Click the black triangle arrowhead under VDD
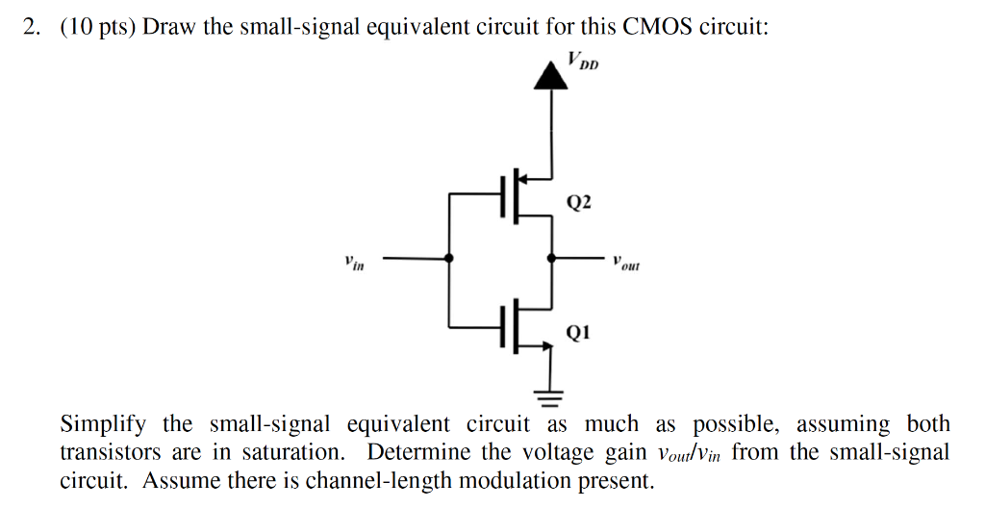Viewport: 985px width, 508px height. point(550,75)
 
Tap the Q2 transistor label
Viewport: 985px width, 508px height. point(580,202)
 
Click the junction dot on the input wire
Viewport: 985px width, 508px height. point(449,259)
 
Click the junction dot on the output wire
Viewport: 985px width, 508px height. point(550,259)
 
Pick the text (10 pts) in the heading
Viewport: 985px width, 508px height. point(99,27)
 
